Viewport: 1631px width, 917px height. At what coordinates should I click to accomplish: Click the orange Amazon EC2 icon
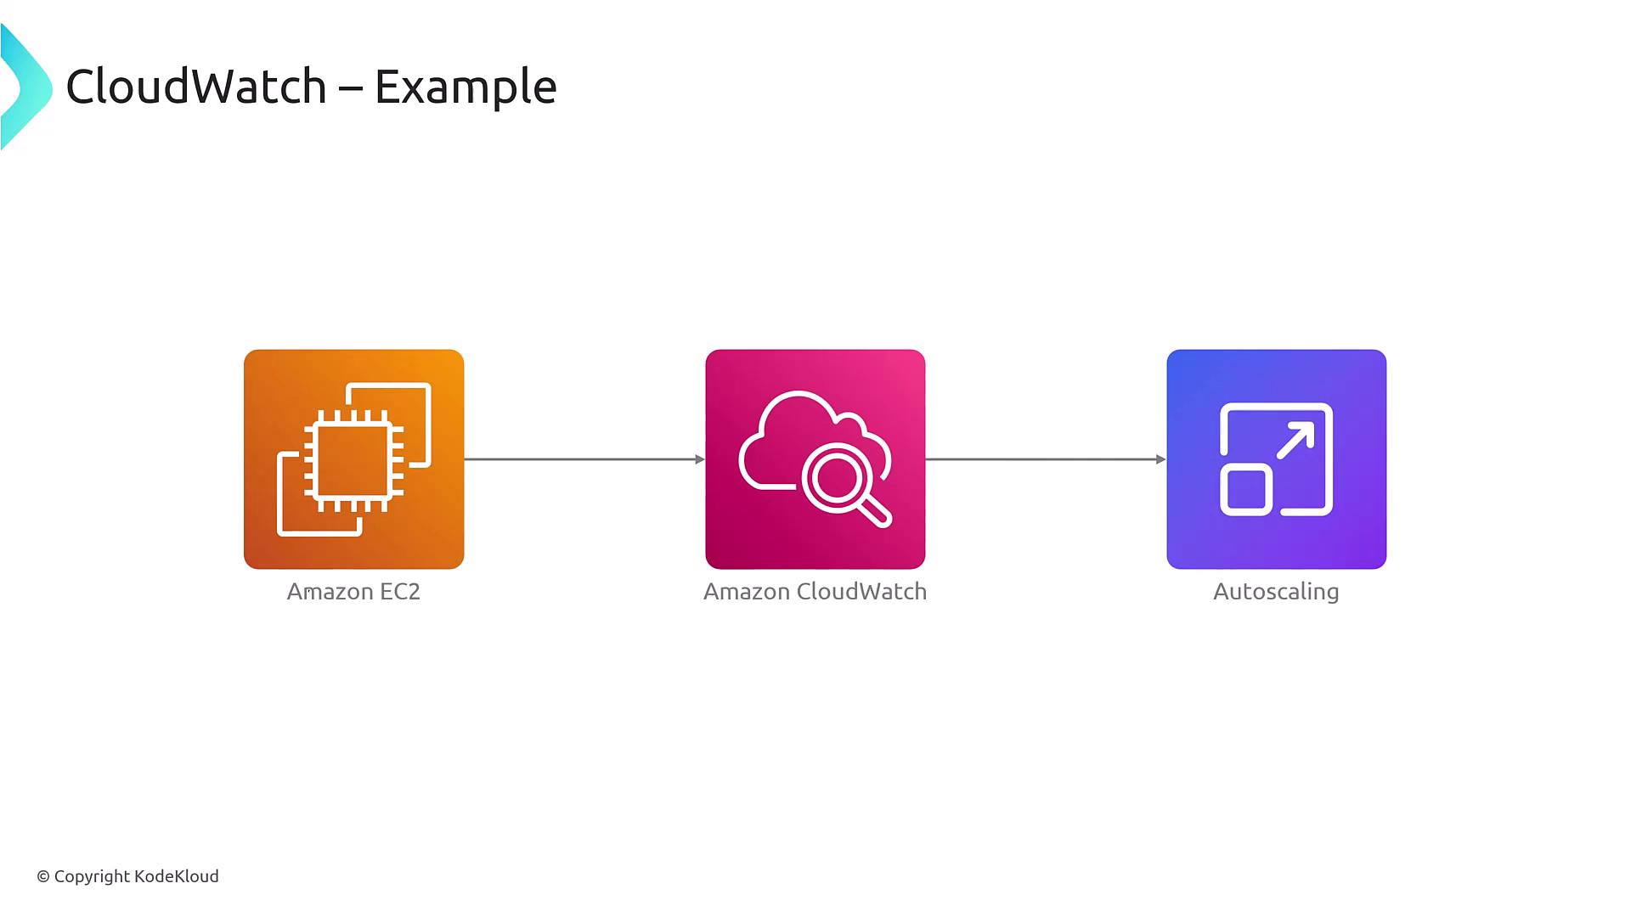[x=354, y=459]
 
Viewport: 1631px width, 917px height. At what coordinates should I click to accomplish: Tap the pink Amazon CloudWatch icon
[x=815, y=459]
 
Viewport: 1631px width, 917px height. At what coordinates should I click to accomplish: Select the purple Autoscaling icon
[x=1277, y=459]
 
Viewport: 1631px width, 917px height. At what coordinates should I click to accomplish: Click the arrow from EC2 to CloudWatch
[x=584, y=459]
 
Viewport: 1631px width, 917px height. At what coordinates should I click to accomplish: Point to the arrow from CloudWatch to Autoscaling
[x=1046, y=459]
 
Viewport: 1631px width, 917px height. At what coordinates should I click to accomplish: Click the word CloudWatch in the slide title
[x=196, y=87]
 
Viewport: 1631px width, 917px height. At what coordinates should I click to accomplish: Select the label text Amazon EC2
[x=353, y=592]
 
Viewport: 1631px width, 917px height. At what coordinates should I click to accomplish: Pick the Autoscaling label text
[x=1276, y=593]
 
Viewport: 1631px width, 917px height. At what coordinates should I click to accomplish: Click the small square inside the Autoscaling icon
[x=1246, y=490]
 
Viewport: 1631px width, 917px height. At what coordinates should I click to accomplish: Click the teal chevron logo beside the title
[x=26, y=87]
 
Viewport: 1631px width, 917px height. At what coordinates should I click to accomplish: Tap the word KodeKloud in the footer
[x=177, y=876]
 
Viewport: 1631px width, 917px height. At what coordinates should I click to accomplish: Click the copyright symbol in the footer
[x=43, y=877]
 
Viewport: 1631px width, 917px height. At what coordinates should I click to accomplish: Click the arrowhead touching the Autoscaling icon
[x=1161, y=459]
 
